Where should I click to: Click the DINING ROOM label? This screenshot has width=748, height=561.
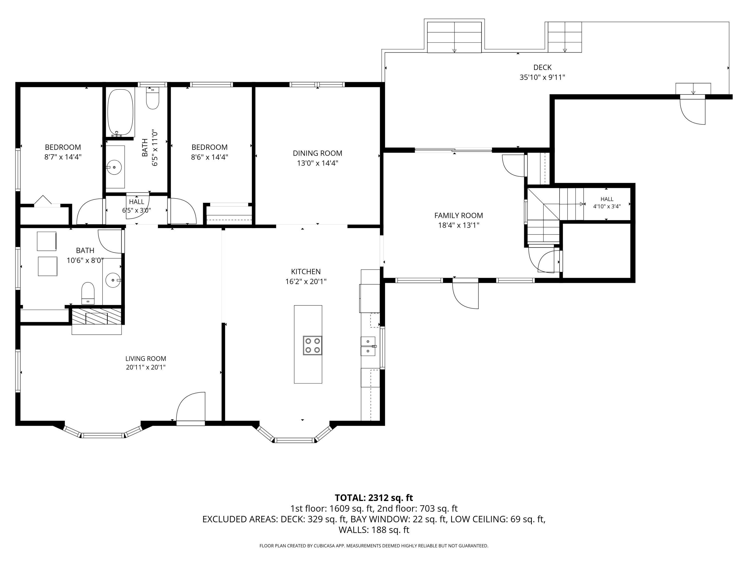coord(318,153)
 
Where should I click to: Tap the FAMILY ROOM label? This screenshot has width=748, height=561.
coord(459,215)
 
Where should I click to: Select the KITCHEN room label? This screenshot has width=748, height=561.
coord(306,272)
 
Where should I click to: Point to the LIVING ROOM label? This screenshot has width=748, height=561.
coord(146,359)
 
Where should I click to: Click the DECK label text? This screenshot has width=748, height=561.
coord(542,67)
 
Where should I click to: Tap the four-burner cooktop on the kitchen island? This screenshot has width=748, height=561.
coord(312,345)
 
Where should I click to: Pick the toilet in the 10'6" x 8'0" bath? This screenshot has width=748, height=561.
coord(88,293)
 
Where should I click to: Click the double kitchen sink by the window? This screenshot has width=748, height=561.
coord(368,346)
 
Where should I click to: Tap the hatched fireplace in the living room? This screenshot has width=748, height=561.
coord(96,316)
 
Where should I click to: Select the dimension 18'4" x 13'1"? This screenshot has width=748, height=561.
coord(459,225)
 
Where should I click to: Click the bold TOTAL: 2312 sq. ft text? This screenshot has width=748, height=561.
coord(374,498)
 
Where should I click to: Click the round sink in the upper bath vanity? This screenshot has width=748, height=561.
coord(115,167)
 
